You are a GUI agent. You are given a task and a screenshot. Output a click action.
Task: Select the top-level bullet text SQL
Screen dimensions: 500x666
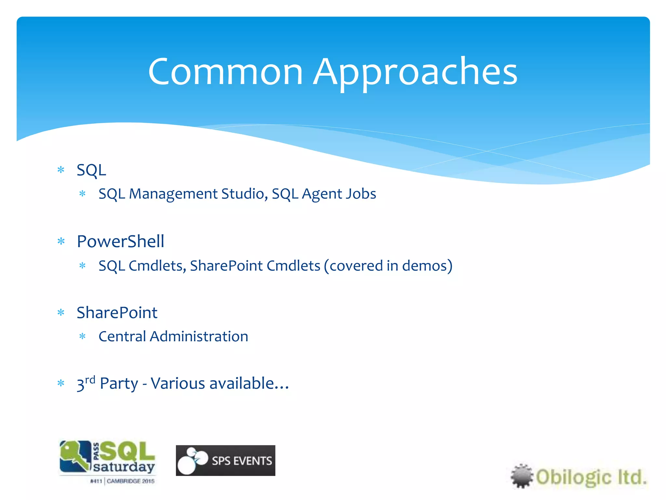click(91, 170)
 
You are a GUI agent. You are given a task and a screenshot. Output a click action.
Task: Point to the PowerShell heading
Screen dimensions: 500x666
click(120, 242)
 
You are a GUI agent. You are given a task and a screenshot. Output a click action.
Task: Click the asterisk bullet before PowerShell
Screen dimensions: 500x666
click(61, 242)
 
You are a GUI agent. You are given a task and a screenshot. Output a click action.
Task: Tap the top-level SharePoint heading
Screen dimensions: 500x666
click(117, 313)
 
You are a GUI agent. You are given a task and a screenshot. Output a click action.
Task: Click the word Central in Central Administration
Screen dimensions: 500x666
click(122, 337)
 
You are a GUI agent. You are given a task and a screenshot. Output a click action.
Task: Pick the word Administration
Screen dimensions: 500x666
click(199, 337)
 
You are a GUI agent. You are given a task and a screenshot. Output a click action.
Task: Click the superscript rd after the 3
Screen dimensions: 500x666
click(90, 380)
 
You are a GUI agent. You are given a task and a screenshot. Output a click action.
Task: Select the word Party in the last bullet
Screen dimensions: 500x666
click(119, 384)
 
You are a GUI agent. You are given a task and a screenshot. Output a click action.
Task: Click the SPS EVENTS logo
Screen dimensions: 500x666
click(225, 460)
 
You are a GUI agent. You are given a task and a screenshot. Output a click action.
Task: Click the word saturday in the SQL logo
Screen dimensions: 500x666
click(124, 467)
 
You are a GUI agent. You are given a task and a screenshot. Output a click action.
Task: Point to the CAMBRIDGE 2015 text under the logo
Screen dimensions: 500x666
click(130, 481)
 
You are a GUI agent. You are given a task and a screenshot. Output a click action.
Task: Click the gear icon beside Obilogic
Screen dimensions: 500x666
click(522, 476)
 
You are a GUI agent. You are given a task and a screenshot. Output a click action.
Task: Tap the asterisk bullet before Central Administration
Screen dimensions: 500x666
click(83, 337)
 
